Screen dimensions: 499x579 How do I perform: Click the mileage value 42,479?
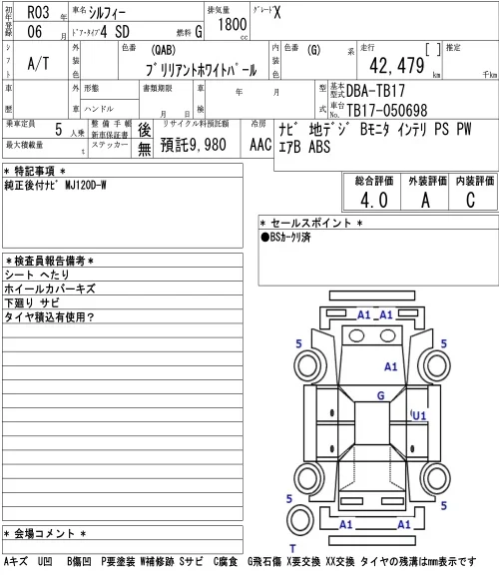click(x=397, y=66)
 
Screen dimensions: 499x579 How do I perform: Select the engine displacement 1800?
click(x=232, y=24)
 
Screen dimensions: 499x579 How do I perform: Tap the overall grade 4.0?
click(x=374, y=201)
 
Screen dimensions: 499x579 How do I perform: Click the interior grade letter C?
click(x=470, y=201)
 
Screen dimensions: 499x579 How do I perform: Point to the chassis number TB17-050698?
click(x=387, y=110)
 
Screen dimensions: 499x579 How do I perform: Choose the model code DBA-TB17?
click(x=375, y=91)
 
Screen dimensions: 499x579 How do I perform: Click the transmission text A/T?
click(x=38, y=64)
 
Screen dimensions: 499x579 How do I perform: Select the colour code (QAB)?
click(x=163, y=50)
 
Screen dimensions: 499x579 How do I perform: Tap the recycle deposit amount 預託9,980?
click(x=193, y=145)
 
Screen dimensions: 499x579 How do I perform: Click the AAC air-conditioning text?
click(x=260, y=145)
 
